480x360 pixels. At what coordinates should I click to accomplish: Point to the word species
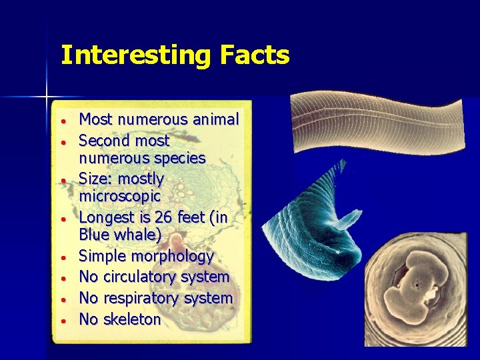179,159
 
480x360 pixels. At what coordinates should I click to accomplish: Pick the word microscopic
120,197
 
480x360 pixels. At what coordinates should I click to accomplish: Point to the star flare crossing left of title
47,97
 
